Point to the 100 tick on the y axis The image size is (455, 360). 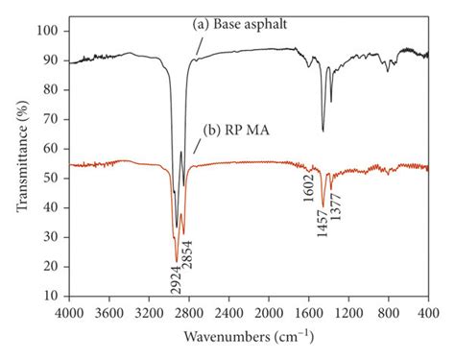(x=51, y=31)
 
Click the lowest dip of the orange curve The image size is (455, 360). (x=177, y=260)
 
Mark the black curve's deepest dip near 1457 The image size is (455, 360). (x=323, y=132)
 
